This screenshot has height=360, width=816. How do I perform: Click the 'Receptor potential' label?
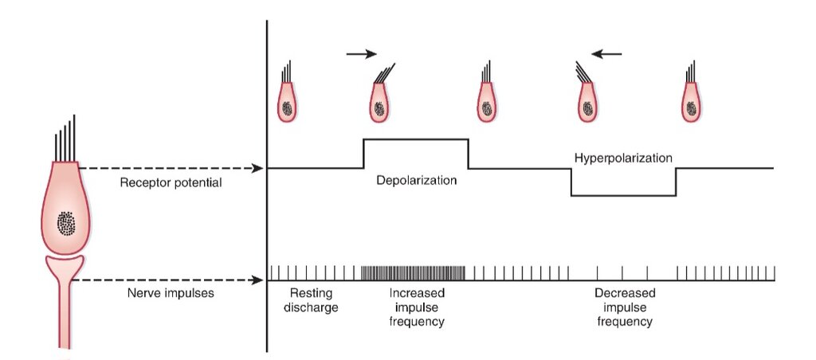(x=171, y=183)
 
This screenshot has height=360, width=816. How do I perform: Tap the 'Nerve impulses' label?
(x=171, y=293)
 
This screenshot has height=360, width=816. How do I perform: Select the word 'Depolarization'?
(x=416, y=181)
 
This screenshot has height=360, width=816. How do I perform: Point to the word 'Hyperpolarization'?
(x=623, y=158)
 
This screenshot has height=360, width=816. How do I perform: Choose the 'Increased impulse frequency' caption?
(x=418, y=307)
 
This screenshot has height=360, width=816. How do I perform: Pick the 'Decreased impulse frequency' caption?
(x=625, y=307)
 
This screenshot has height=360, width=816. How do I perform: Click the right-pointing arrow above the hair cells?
(x=362, y=53)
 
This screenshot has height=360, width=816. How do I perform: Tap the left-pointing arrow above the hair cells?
(x=606, y=53)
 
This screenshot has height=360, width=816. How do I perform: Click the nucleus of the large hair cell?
(x=65, y=224)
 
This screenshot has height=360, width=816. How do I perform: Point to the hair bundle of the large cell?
(x=65, y=139)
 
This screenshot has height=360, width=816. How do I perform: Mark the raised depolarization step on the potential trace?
(x=415, y=139)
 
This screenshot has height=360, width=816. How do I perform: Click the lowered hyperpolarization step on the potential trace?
(x=623, y=196)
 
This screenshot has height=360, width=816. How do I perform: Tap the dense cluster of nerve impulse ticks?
(x=414, y=273)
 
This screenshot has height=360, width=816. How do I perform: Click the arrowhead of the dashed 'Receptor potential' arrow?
(x=257, y=168)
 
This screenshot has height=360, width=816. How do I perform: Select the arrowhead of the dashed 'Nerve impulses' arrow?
(x=257, y=280)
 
